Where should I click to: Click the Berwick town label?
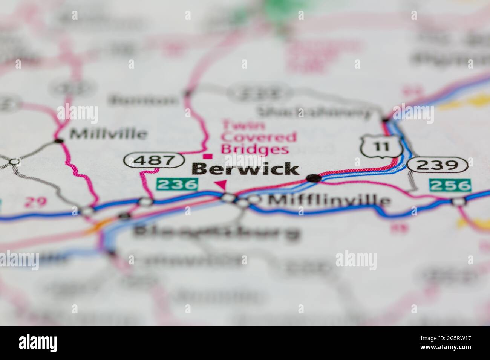[x=246, y=169]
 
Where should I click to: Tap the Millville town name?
[x=108, y=133]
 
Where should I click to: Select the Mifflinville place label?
[x=328, y=200]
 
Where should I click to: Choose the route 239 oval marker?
[x=438, y=165]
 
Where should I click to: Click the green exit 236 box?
[x=177, y=184]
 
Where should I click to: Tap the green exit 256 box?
[x=450, y=185]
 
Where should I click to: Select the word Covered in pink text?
[x=259, y=137]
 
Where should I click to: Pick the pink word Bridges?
[x=255, y=149]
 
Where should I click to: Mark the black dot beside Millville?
[x=58, y=141]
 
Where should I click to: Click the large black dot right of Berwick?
[x=313, y=178]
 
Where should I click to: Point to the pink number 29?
[x=35, y=202]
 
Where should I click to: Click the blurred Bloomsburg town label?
[x=216, y=232]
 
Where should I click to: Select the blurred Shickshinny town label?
[x=314, y=111]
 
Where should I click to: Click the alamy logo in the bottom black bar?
[x=38, y=343]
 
